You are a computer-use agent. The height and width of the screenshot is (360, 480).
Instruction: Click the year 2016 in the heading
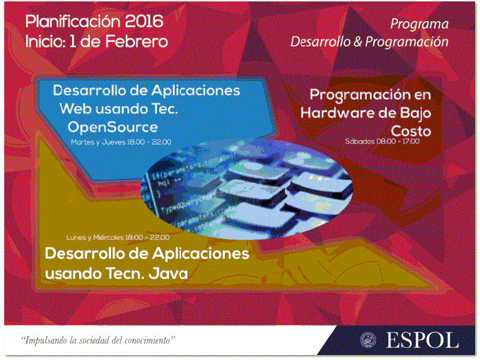pos(144,21)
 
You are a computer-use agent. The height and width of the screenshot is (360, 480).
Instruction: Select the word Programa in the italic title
pos(419,25)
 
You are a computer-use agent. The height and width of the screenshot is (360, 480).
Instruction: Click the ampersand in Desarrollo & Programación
pos(358,42)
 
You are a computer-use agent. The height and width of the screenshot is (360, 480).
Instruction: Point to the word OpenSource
pos(112,127)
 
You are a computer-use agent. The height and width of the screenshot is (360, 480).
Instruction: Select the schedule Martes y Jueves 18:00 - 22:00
pos(121,142)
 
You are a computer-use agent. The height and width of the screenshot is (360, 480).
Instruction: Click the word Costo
pos(411,131)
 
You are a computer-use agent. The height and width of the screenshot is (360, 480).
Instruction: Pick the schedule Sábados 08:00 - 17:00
pos(382,141)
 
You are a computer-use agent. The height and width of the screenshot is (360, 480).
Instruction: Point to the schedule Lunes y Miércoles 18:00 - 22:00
pos(118,238)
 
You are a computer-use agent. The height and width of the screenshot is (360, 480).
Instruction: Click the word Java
pos(168,273)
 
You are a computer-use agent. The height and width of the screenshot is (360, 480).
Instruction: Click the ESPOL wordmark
pos(423,340)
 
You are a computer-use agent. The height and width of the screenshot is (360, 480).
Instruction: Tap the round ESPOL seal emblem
pos(368,340)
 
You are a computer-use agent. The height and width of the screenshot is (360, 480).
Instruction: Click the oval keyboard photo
pos(247,188)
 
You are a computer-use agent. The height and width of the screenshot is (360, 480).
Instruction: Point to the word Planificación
pos(73,21)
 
